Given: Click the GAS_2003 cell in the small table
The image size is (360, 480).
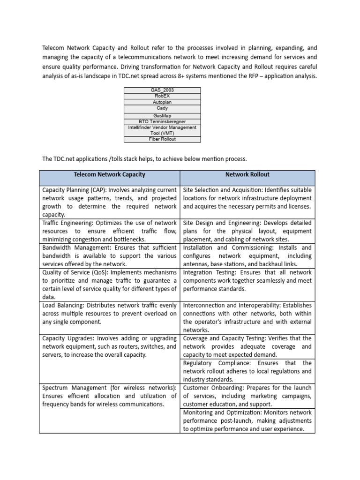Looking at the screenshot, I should click(162, 90).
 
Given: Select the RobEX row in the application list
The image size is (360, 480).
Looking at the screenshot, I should click(162, 96).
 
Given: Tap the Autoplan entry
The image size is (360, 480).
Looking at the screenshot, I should click(162, 102).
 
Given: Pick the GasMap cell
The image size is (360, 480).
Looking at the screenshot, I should click(162, 115).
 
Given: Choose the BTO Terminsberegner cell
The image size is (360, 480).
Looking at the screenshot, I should click(162, 121).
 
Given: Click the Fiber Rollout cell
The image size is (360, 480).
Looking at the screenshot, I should click(162, 139).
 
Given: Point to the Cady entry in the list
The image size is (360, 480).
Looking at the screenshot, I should click(162, 108).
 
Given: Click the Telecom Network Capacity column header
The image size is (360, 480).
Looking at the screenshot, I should click(109, 175).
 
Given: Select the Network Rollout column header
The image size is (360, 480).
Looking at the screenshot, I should click(247, 175).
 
